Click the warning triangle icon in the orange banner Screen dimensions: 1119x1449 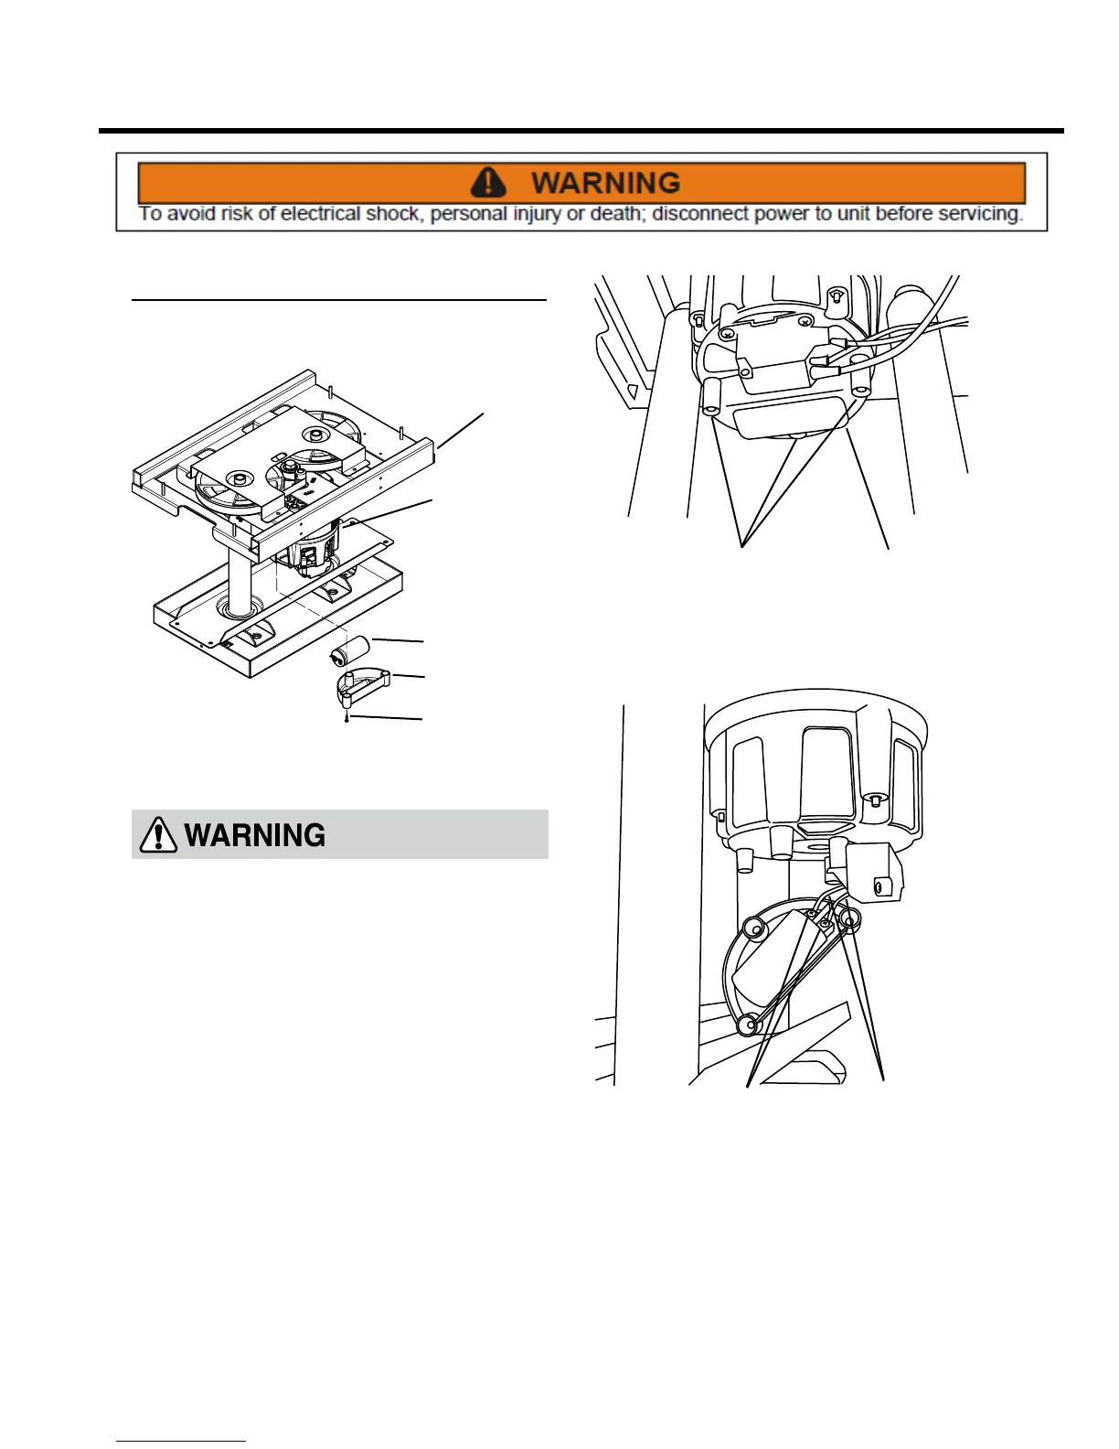coord(488,182)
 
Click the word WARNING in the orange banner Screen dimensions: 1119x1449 coord(605,183)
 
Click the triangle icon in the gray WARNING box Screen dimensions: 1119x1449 coord(158,834)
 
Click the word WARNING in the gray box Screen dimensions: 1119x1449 coord(255,835)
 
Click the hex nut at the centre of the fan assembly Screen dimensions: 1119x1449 coord(292,467)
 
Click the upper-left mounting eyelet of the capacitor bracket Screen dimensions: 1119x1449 coord(755,928)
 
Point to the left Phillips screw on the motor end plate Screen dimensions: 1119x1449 coord(727,335)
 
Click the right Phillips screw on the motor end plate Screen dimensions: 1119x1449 coord(804,322)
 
